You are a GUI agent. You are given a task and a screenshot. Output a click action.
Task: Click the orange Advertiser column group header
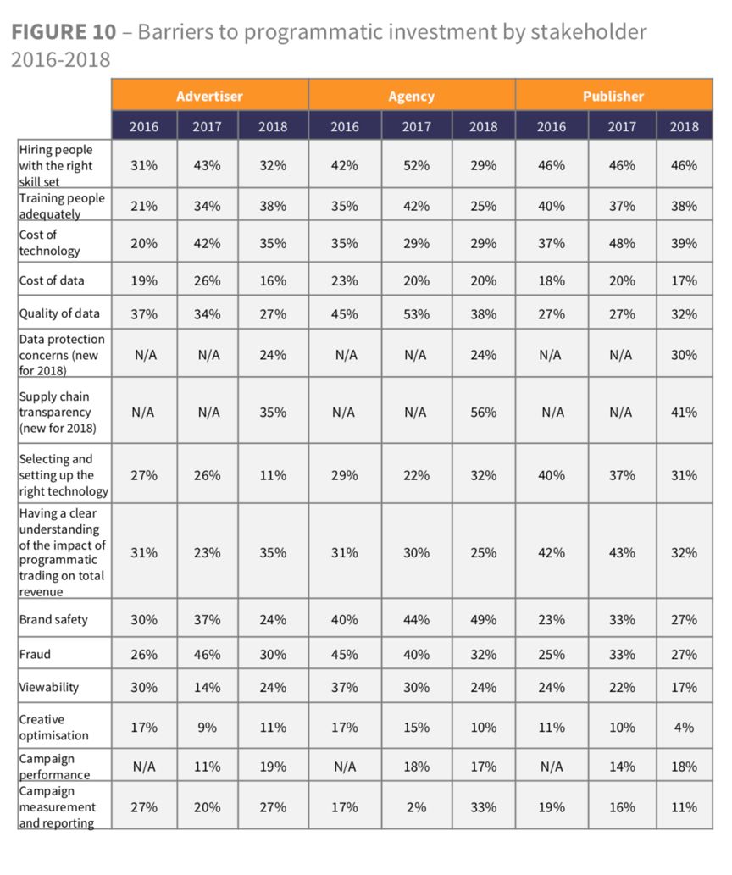(x=209, y=96)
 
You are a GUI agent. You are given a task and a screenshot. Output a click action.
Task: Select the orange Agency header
(x=411, y=96)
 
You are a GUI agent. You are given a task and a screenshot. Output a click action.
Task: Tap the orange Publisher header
(x=613, y=96)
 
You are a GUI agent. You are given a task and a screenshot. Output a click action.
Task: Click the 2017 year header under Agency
(x=415, y=127)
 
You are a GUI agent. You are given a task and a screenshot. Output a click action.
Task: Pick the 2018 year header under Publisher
(x=684, y=127)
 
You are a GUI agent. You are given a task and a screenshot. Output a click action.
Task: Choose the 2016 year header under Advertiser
(x=144, y=127)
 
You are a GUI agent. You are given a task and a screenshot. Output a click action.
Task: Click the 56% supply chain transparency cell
(x=483, y=413)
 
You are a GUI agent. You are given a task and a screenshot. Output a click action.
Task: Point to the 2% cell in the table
(x=415, y=807)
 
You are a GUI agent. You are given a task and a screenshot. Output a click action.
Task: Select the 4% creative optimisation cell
(x=684, y=726)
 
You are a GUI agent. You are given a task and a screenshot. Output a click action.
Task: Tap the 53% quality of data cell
(x=415, y=313)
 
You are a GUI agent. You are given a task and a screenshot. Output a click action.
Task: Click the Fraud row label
(x=35, y=654)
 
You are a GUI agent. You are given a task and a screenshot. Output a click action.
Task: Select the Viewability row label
(x=48, y=687)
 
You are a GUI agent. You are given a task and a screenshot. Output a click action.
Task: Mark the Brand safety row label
(x=53, y=619)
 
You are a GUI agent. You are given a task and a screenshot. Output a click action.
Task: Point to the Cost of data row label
(x=52, y=280)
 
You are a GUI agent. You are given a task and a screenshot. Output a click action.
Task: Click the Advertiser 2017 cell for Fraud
(x=208, y=654)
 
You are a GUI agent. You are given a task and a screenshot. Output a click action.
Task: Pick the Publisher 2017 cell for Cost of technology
(x=622, y=242)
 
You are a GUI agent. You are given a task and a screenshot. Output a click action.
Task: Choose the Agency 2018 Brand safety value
(x=483, y=619)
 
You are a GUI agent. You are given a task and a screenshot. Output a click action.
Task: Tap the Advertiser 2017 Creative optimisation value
(x=208, y=726)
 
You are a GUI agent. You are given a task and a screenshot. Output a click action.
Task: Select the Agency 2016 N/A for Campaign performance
(x=344, y=767)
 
